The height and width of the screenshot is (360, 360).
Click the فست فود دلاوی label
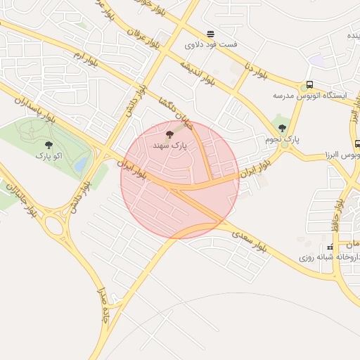point(211,44)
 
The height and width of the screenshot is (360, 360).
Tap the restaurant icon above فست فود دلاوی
point(210,34)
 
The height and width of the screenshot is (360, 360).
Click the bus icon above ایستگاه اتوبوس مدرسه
point(310,84)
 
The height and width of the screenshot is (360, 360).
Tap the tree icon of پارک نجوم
point(282,128)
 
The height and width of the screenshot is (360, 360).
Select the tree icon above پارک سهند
point(168,134)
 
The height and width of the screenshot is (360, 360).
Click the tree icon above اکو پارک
point(49,144)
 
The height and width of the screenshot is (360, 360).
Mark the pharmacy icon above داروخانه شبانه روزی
point(330,247)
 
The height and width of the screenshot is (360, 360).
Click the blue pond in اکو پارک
point(82,165)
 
